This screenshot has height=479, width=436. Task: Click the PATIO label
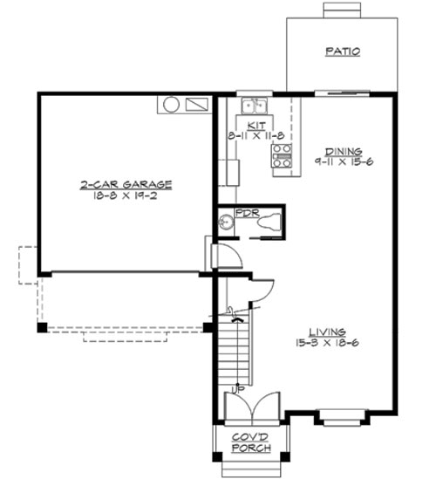click(343, 51)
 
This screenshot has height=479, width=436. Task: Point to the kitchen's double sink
click(255, 106)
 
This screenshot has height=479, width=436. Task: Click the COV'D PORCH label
click(251, 442)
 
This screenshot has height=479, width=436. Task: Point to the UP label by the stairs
click(235, 388)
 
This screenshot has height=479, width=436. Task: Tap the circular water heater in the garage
click(171, 105)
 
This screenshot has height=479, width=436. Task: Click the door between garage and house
click(225, 256)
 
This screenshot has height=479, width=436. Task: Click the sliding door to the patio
click(336, 92)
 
